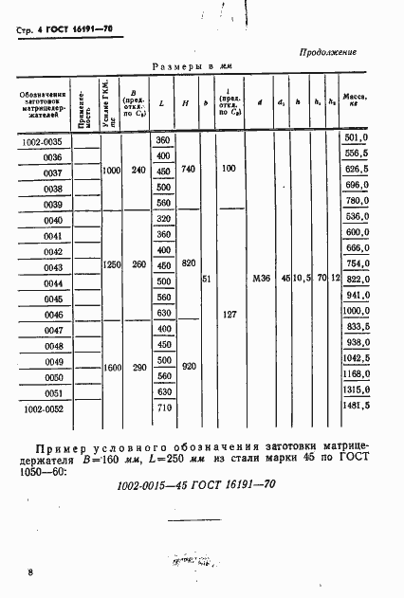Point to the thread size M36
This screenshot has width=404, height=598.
(262, 278)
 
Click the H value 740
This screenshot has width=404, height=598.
(188, 168)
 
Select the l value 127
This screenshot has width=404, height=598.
(228, 314)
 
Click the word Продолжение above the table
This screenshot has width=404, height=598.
(328, 52)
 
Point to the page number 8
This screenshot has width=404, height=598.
(31, 572)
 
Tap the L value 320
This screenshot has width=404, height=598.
(163, 219)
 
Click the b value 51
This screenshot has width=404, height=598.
(207, 279)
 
